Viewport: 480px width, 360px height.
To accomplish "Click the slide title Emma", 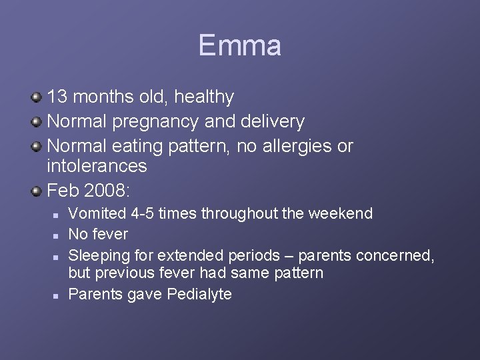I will pyautogui.click(x=239, y=46).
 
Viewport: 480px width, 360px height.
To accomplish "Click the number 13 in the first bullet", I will pyautogui.click(x=57, y=97).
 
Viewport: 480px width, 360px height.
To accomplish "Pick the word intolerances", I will pyautogui.click(x=97, y=165).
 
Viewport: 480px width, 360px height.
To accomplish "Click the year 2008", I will pyautogui.click(x=108, y=191).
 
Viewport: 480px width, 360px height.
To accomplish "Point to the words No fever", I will pyautogui.click(x=99, y=234).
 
